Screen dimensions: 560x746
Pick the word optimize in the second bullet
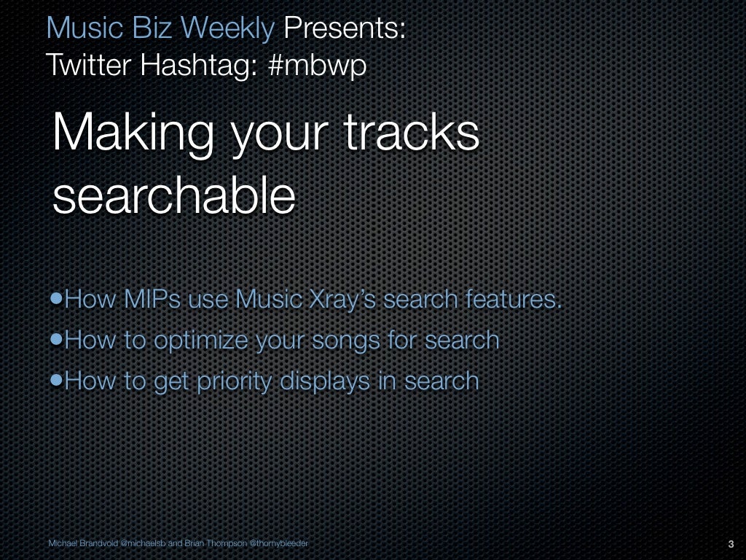200,341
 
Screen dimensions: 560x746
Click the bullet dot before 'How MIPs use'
57,300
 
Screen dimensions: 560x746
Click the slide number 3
730,544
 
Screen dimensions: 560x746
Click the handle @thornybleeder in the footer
278,543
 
